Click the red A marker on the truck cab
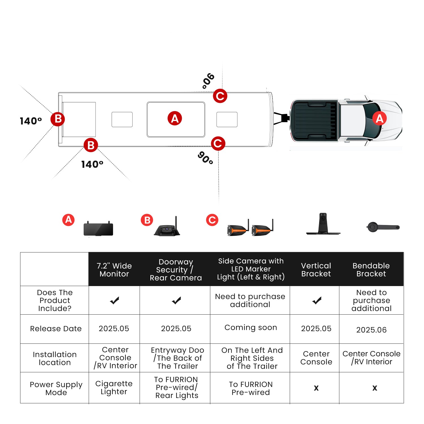(x=379, y=118)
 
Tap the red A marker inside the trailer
(x=175, y=118)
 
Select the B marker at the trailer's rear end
(x=58, y=119)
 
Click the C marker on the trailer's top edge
(x=220, y=96)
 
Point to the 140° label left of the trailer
(x=31, y=121)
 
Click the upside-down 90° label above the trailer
(x=209, y=81)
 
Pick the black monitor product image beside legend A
(x=98, y=229)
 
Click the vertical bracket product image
(x=323, y=224)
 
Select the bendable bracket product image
(x=383, y=227)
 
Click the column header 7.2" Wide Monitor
(x=114, y=270)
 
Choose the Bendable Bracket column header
(x=371, y=270)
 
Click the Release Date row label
(x=56, y=328)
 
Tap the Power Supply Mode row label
(x=56, y=388)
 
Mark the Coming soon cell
(x=250, y=327)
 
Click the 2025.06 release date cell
(x=371, y=330)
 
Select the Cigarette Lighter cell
(x=114, y=388)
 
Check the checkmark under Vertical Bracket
(x=317, y=300)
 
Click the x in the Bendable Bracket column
(x=375, y=388)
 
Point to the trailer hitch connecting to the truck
(x=282, y=118)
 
